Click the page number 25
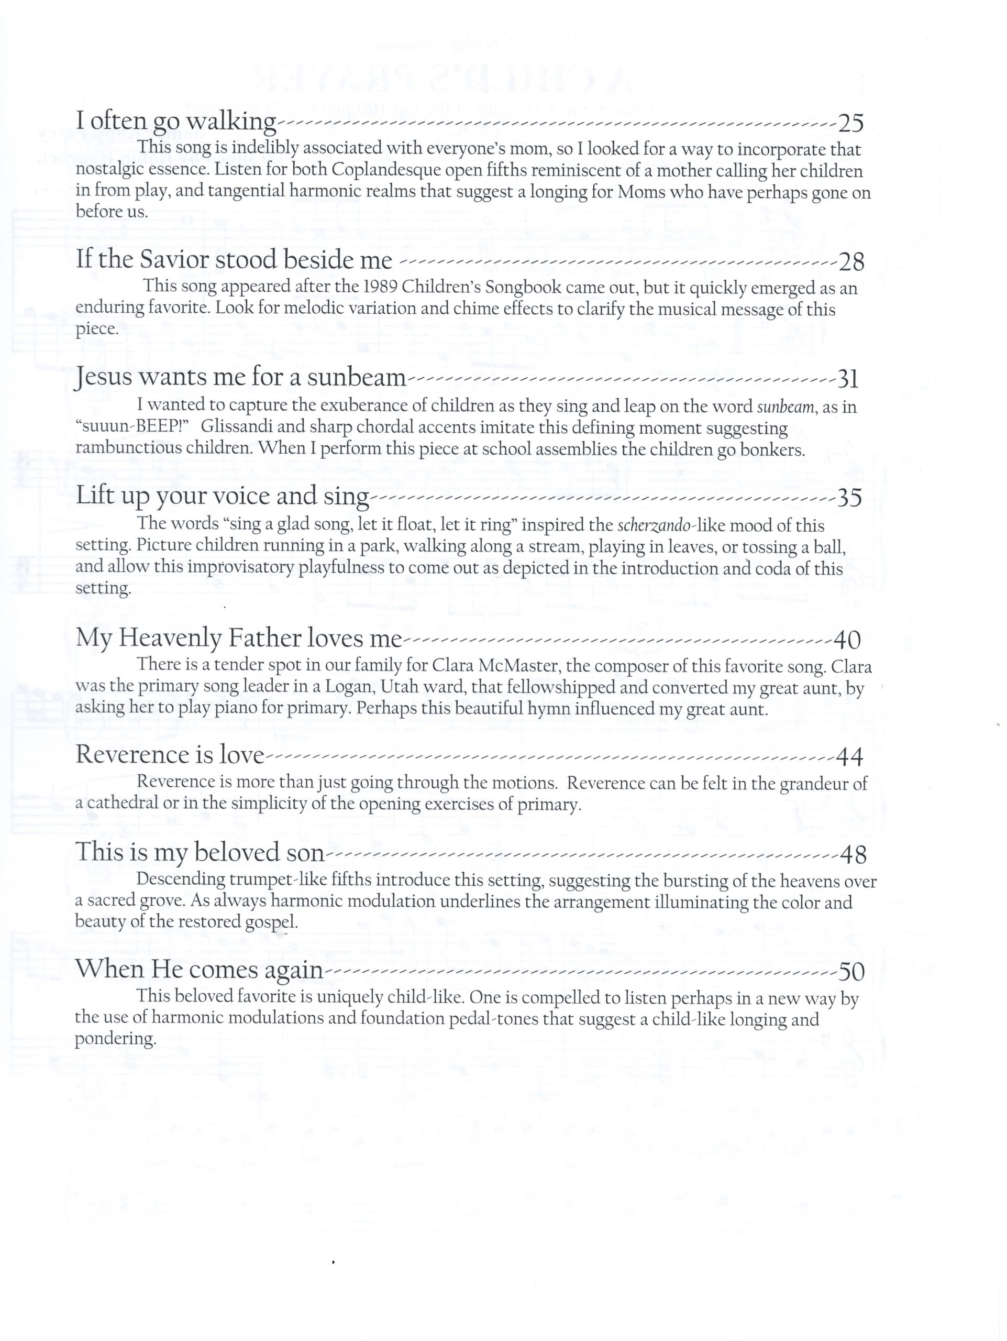tap(850, 123)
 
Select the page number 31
tap(848, 379)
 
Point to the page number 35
tap(849, 498)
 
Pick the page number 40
tap(847, 640)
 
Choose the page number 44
tap(849, 756)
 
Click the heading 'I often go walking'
tap(176, 121)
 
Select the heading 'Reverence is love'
tap(170, 755)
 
